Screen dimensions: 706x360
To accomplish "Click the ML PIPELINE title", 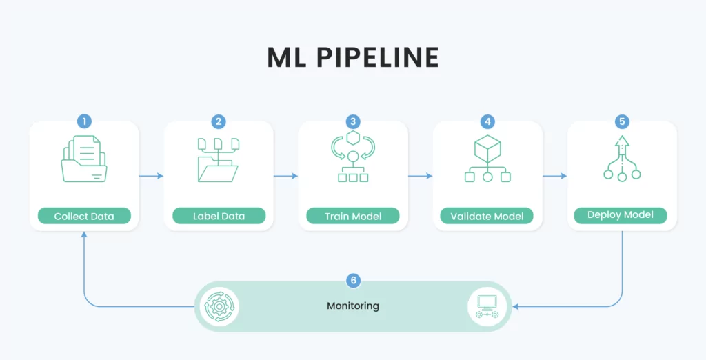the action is pyautogui.click(x=353, y=57).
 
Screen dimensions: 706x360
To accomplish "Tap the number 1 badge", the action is pyautogui.click(x=84, y=121).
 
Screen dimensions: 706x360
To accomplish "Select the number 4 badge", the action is pyautogui.click(x=487, y=121).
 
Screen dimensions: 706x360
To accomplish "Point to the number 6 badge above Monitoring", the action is pyautogui.click(x=353, y=281).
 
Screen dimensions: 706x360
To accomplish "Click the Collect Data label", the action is pyautogui.click(x=84, y=216).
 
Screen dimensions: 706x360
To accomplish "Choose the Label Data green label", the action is pyautogui.click(x=219, y=216).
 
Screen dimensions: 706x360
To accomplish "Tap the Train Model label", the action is pyautogui.click(x=353, y=216).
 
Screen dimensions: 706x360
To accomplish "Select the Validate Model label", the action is pyautogui.click(x=487, y=216).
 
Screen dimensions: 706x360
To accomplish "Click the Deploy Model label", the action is pyautogui.click(x=621, y=215).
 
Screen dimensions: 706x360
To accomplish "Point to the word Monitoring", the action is pyautogui.click(x=353, y=306).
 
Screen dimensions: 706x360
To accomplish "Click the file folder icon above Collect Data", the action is pyautogui.click(x=84, y=159).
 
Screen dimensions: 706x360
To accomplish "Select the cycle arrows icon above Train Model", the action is pyautogui.click(x=353, y=157).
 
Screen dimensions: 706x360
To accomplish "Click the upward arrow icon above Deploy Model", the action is pyautogui.click(x=622, y=159).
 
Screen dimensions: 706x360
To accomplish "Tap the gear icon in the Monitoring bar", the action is pyautogui.click(x=219, y=306).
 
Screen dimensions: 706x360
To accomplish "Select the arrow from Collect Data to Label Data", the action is pyautogui.click(x=151, y=176).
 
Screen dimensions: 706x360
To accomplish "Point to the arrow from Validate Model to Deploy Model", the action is pyautogui.click(x=555, y=176).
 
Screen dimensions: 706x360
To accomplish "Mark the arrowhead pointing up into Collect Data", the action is pyautogui.click(x=84, y=234).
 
